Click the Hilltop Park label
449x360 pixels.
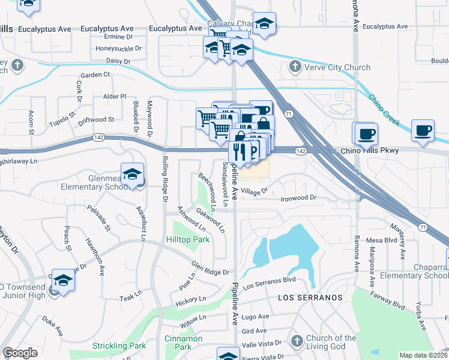click(x=188, y=239)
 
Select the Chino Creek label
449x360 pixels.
click(x=384, y=110)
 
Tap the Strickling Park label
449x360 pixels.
click(x=119, y=346)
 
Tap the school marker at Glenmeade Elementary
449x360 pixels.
click(x=132, y=175)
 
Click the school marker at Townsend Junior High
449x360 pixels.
click(x=63, y=280)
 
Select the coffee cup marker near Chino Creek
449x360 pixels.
click(x=423, y=131)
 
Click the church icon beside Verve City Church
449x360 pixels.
click(x=295, y=67)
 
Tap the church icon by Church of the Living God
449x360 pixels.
click(x=295, y=342)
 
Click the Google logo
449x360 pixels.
click(x=20, y=353)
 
